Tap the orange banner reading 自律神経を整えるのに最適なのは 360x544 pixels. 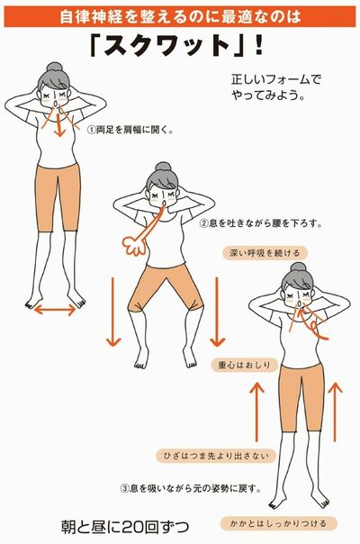click(x=180, y=16)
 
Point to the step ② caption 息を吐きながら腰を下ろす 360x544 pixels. click(x=261, y=222)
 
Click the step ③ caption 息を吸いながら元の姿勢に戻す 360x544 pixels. click(x=192, y=489)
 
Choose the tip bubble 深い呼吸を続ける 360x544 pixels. click(x=265, y=252)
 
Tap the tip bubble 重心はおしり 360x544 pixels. click(x=244, y=365)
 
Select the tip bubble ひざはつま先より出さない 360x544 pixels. click(x=215, y=456)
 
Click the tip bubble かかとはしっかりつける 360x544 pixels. click(x=278, y=523)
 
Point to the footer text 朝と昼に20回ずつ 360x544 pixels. click(x=125, y=527)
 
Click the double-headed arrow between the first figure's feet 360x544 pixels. click(x=55, y=309)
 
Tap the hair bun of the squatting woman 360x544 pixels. click(x=163, y=168)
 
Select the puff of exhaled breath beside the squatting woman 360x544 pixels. click(x=132, y=246)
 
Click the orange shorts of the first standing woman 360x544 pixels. click(x=58, y=198)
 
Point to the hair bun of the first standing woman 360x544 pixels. click(x=54, y=68)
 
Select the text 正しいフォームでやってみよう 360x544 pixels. click(x=276, y=87)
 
